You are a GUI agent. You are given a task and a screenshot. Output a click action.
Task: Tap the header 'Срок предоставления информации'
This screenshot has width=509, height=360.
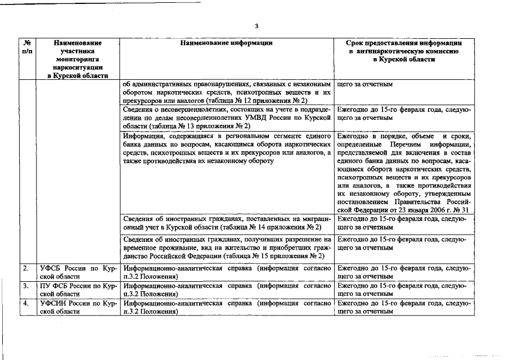[x=404, y=43]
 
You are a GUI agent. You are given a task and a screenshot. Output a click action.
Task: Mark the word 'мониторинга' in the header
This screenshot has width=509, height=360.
[x=78, y=59]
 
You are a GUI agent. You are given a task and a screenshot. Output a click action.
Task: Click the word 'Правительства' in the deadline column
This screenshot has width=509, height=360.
[x=413, y=202]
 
